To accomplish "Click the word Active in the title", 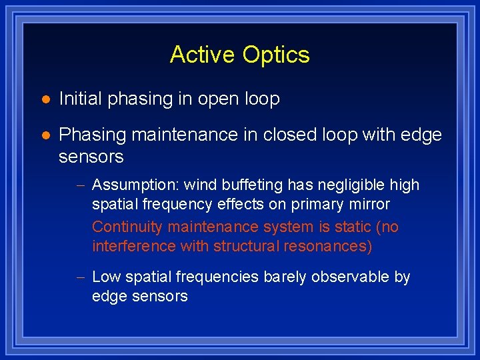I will click(203, 55).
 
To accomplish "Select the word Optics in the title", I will click(277, 55).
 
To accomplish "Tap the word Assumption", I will click(135, 185).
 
